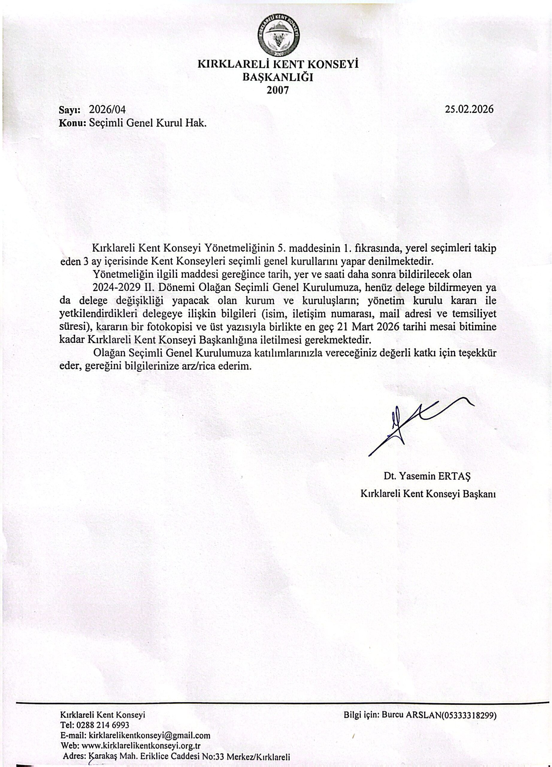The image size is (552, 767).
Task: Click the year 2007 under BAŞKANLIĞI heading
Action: click(278, 90)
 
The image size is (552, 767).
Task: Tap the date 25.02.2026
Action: click(469, 109)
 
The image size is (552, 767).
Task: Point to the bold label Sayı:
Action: click(69, 110)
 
